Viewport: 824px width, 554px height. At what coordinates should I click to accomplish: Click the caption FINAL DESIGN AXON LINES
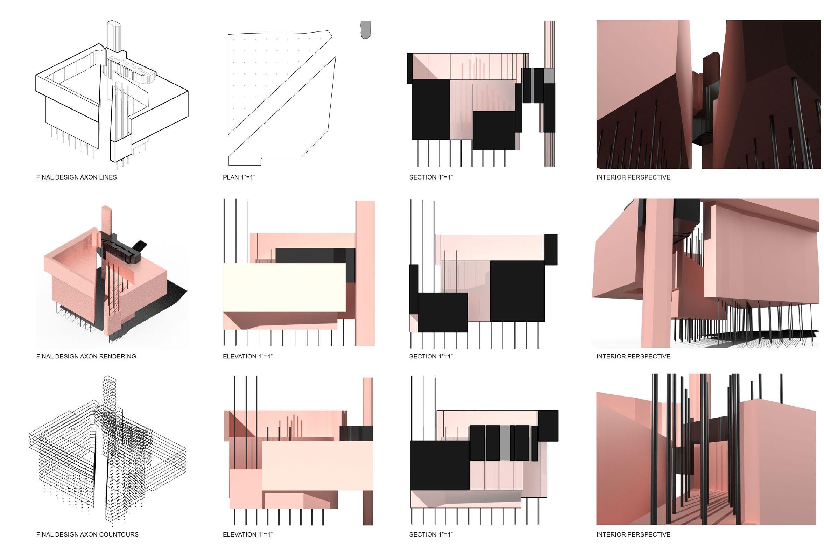[76, 177]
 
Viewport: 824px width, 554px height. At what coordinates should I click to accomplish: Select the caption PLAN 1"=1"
[239, 177]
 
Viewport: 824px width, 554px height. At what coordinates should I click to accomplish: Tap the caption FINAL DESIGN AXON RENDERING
[86, 357]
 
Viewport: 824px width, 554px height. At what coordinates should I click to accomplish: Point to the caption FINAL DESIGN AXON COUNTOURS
[87, 534]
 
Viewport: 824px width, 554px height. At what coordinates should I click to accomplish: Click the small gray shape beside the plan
[366, 30]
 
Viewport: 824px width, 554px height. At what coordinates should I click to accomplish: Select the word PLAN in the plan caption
[231, 177]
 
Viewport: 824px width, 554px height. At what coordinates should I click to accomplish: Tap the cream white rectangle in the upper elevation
[284, 288]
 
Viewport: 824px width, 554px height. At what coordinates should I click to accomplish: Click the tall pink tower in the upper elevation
[365, 273]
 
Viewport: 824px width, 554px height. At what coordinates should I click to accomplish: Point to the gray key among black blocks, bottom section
[505, 443]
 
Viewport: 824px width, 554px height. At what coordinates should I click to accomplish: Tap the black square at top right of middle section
[551, 250]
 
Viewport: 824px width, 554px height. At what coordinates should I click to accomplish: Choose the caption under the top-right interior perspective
[633, 177]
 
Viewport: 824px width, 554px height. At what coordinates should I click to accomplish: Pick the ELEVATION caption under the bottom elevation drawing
[248, 534]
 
